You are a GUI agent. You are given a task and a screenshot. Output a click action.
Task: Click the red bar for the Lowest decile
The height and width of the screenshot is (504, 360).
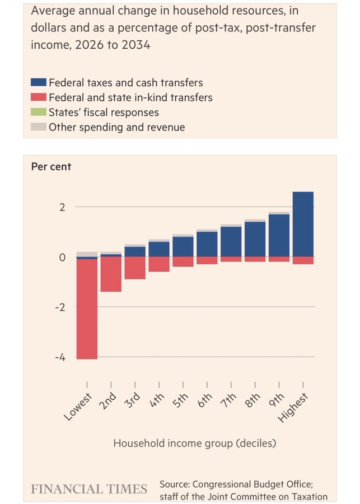87,308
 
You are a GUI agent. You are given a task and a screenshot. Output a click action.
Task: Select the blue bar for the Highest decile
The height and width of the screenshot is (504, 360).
303,224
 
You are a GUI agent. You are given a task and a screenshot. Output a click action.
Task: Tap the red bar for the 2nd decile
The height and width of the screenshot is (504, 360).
111,274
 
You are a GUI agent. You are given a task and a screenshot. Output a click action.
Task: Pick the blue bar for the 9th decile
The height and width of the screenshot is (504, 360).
279,235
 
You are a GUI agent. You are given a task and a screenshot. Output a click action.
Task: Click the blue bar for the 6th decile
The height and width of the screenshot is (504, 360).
207,244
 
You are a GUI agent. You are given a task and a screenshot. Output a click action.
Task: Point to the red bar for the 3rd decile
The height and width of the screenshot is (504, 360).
135,268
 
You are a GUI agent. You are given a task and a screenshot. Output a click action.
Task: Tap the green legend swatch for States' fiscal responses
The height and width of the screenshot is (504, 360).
38,113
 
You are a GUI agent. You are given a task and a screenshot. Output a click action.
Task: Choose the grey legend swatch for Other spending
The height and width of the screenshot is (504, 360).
38,127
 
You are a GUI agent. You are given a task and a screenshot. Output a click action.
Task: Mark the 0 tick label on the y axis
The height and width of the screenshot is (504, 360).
63,257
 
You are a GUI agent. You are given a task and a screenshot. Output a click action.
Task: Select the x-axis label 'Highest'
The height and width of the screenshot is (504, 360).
293,406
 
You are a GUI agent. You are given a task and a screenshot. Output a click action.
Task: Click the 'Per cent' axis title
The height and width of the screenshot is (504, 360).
50,167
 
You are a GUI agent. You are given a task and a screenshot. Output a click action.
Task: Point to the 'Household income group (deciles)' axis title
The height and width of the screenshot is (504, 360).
194,443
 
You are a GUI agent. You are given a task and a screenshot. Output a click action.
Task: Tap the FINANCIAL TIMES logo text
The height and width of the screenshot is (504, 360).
89,488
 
